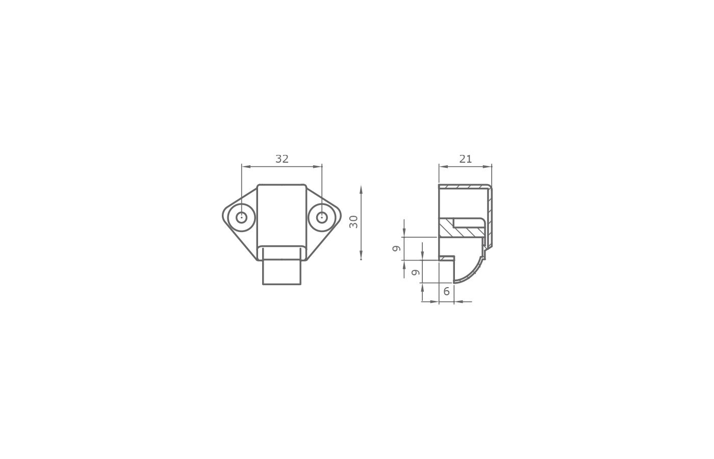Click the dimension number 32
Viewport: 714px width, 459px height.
pos(282,159)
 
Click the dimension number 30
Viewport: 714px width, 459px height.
pos(353,222)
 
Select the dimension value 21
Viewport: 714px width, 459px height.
pos(465,159)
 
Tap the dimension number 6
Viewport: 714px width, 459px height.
pos(447,291)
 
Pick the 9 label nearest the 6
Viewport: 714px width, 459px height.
pos(416,272)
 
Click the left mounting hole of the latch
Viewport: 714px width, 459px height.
pos(242,217)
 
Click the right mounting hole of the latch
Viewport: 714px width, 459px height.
pos(322,217)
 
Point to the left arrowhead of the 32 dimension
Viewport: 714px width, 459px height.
pos(246,167)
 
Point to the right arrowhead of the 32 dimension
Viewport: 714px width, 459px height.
pos(317,167)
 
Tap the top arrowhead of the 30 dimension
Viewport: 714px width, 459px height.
pos(361,190)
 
